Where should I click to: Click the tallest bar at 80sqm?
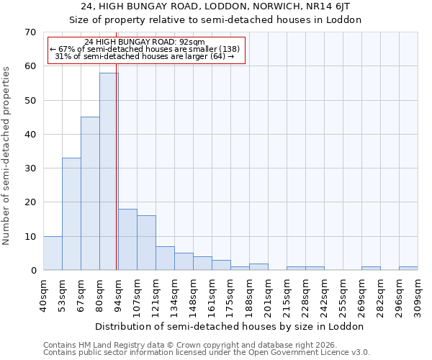pyautogui.click(x=109, y=171)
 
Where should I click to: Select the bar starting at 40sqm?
pyautogui.click(x=53, y=253)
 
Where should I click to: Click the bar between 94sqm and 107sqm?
pyautogui.click(x=127, y=239)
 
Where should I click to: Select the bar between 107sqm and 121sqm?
pyautogui.click(x=146, y=243)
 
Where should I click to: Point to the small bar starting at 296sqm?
pyautogui.click(x=408, y=268)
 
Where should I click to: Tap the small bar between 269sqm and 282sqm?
pyautogui.click(x=371, y=268)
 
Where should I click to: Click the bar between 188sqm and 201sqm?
pyautogui.click(x=258, y=266)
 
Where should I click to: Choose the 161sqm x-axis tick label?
pyautogui.click(x=212, y=295)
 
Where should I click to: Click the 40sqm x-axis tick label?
pyautogui.click(x=43, y=295)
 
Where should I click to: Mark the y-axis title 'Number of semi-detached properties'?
pyautogui.click(x=7, y=156)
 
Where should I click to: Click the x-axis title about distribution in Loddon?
pyautogui.click(x=230, y=326)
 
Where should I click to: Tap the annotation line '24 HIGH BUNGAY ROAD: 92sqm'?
pyautogui.click(x=145, y=42)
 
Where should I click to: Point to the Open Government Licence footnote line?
pyautogui.click(x=207, y=353)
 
